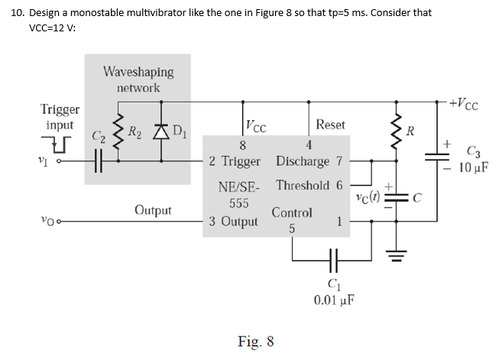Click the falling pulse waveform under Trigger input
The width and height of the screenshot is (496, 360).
pyautogui.click(x=60, y=141)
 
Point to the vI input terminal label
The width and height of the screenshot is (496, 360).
pyautogui.click(x=47, y=161)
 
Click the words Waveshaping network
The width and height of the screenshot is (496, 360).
pyautogui.click(x=138, y=79)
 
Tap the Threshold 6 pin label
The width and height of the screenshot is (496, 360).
pyautogui.click(x=312, y=185)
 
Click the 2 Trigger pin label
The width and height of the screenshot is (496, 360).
pyautogui.click(x=235, y=161)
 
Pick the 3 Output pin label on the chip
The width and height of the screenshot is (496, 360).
pyautogui.click(x=234, y=222)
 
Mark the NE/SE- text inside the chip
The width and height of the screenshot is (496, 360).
pyautogui.click(x=239, y=187)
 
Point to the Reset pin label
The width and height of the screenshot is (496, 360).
pyautogui.click(x=330, y=124)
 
